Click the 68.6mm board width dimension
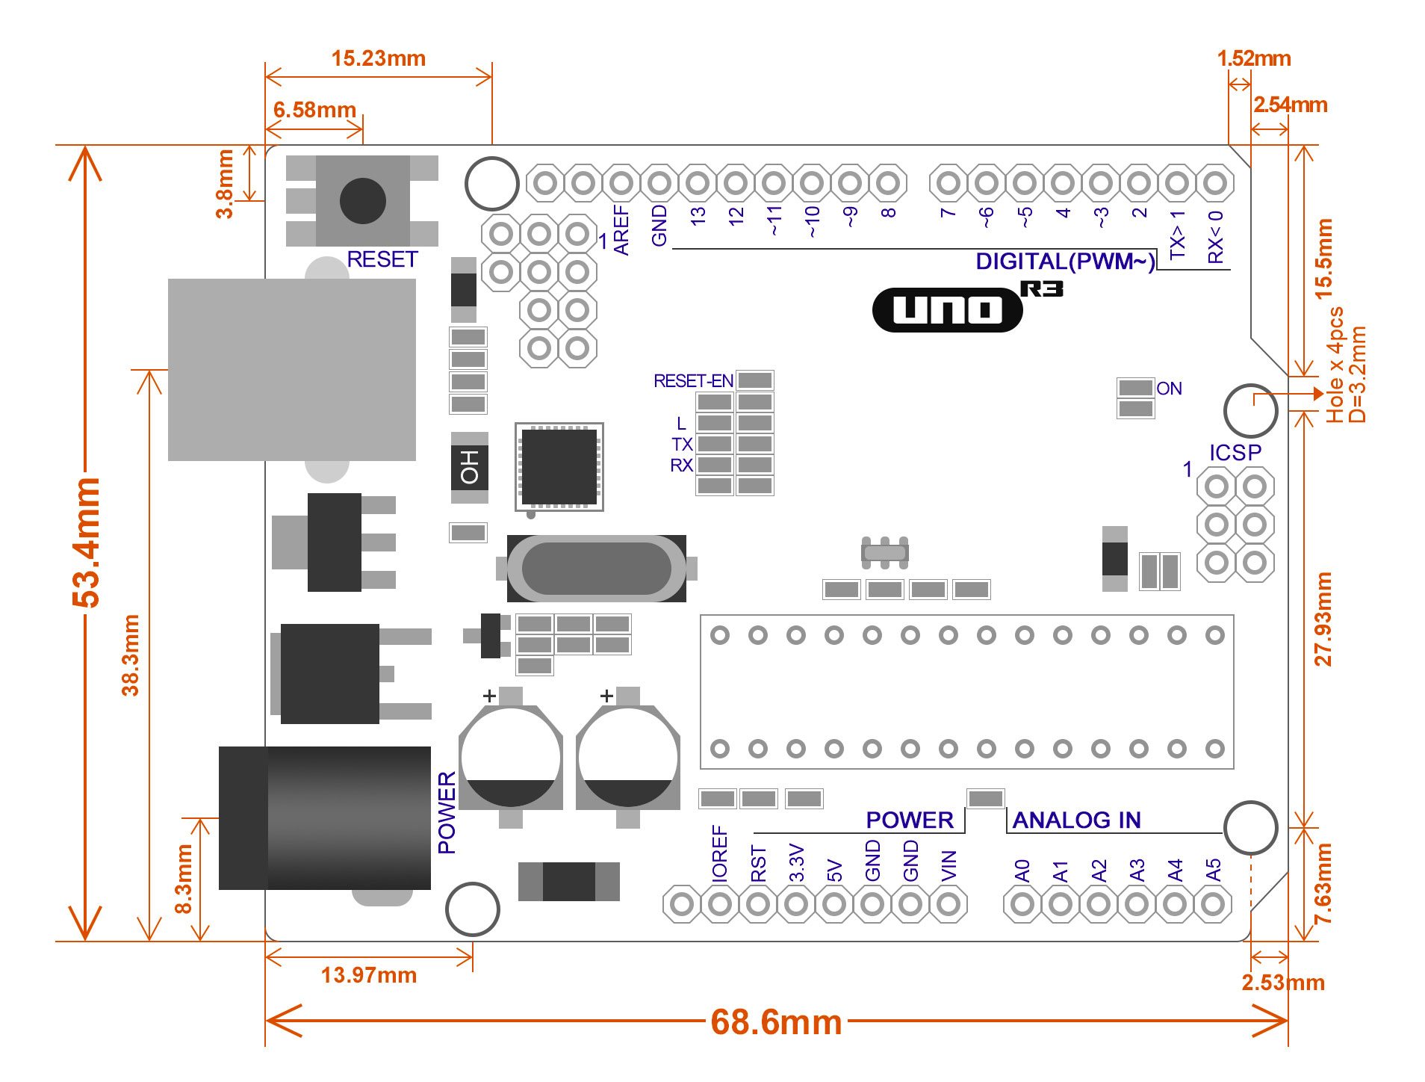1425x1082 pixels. pos(776,1022)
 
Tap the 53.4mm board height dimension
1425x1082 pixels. pos(87,542)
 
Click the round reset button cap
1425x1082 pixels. pos(362,200)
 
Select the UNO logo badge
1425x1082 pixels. pos(947,309)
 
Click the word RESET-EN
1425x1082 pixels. pos(693,381)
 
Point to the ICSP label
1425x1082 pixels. pos(1235,453)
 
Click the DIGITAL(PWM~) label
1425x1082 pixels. pos(1064,262)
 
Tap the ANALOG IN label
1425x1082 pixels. pos(1076,820)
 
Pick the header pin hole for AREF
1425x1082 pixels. pos(621,182)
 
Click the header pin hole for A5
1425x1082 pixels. pos(1213,904)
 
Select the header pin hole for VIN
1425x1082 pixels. pos(949,904)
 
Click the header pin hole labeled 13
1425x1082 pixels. pos(698,182)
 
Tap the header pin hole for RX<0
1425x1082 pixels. pos(1215,182)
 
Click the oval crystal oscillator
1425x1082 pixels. pos(596,569)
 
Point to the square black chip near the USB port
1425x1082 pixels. pos(559,466)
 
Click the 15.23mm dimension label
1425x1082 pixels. pos(378,58)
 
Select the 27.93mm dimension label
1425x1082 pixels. pos(1323,619)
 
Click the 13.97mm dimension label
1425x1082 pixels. pos(368,975)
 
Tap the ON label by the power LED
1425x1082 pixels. pos(1169,389)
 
